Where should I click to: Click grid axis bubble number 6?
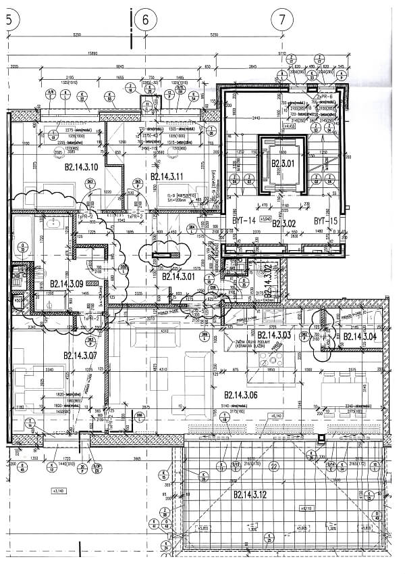click(145, 20)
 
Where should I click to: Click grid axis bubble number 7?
click(281, 20)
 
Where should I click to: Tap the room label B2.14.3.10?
click(82, 166)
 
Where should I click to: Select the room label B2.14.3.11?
click(167, 176)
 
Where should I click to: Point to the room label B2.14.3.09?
click(66, 284)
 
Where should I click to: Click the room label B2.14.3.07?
click(81, 355)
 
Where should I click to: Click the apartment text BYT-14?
click(243, 220)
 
